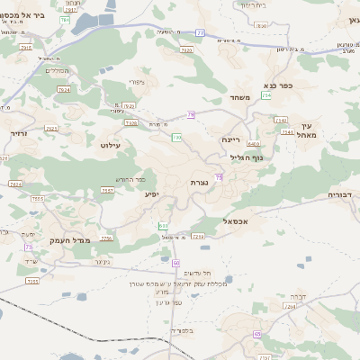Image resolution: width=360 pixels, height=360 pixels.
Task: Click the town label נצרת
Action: point(200,183)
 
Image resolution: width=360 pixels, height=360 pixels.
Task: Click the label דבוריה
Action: point(342,193)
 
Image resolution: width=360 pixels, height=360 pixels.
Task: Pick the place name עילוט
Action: point(111,144)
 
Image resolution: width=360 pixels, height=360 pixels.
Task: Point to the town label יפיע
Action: point(152,193)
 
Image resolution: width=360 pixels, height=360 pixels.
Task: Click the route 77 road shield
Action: point(200,32)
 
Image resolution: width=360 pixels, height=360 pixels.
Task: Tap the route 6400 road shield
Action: point(254,143)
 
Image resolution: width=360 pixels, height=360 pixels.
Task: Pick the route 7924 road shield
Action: point(63,90)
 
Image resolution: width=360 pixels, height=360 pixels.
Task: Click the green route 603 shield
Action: point(163,226)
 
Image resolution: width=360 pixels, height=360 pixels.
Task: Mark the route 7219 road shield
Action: point(199,236)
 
